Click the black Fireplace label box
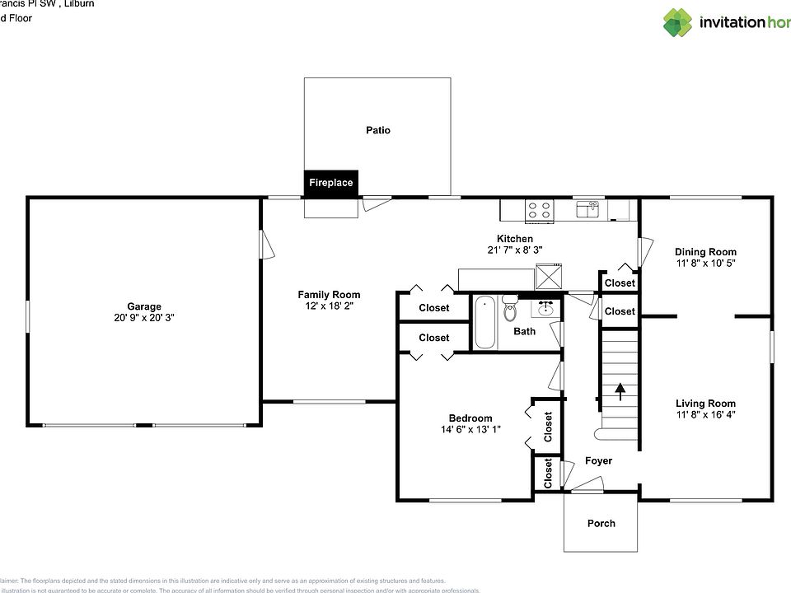tap(330, 183)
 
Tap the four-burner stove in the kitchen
tap(540, 211)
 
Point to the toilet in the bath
tap(510, 312)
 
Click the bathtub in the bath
tap(485, 323)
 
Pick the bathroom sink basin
tap(545, 309)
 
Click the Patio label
tap(378, 130)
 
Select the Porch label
tap(601, 523)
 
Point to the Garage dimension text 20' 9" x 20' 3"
tap(144, 318)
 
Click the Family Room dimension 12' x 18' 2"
tap(329, 306)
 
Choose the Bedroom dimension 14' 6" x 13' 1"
tap(470, 429)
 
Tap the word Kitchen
tap(514, 239)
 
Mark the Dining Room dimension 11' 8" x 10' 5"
tap(705, 264)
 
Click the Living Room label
tap(705, 404)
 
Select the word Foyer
tap(598, 461)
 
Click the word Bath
tap(524, 332)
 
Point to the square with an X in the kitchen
tap(548, 275)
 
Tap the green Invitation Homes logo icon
tap(678, 22)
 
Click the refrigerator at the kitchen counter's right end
tap(619, 210)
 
